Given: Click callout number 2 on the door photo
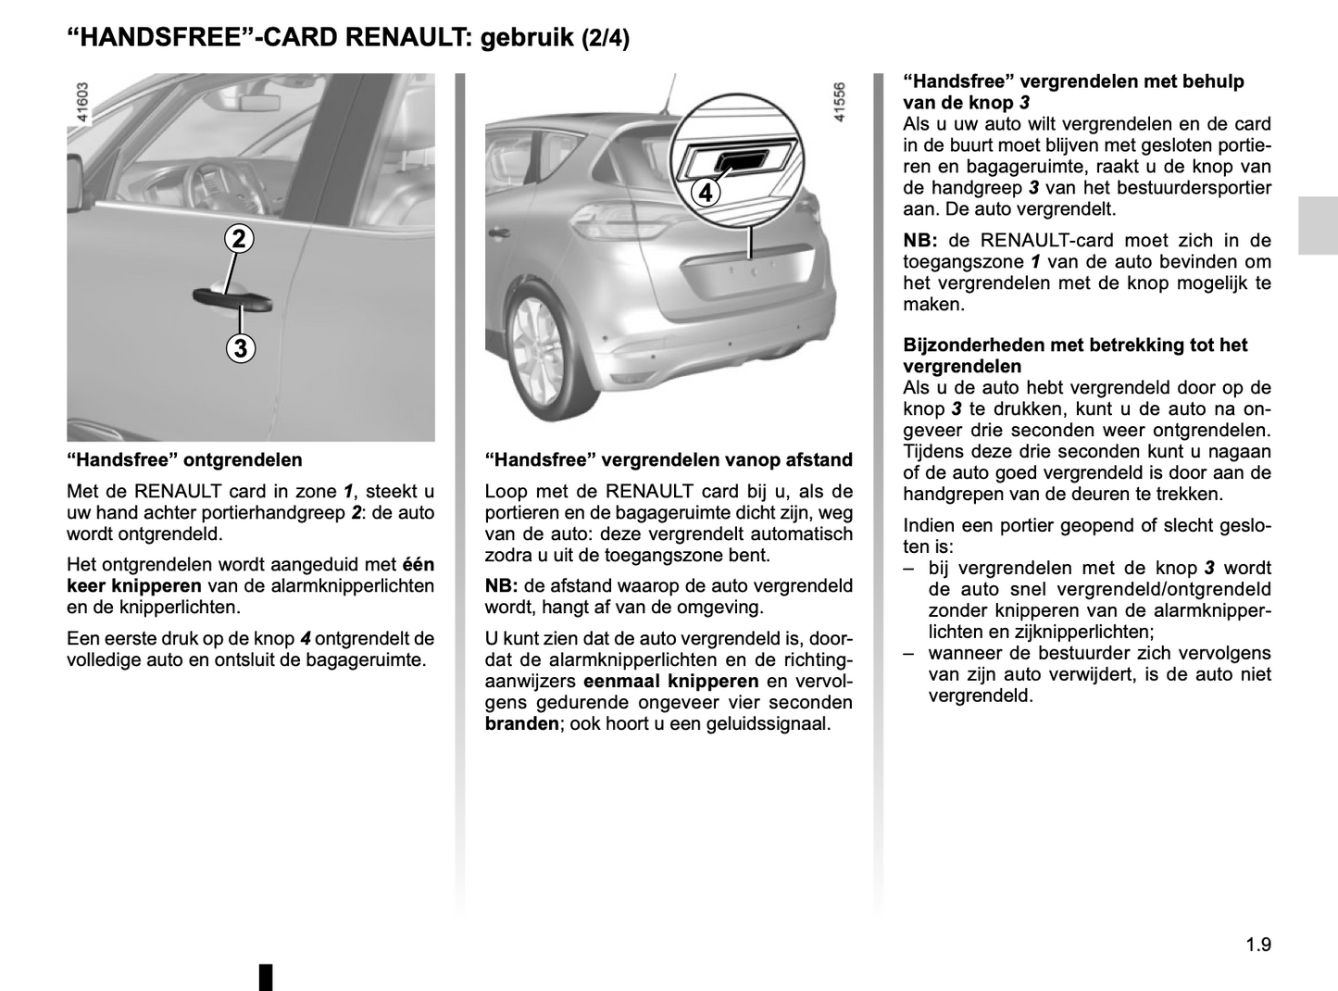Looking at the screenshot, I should pos(239,239).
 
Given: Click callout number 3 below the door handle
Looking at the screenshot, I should pos(240,348).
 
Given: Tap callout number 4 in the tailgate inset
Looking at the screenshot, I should pos(706,193).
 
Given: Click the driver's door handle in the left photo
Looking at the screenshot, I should pos(231,298).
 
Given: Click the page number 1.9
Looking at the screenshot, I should pos(1258,945).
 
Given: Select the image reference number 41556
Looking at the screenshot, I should pos(839,103).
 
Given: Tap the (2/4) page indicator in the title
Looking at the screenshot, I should pos(606,39).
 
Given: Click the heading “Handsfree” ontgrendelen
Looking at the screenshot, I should pos(184,459).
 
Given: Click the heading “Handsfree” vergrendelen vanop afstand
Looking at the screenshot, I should pos(669,459).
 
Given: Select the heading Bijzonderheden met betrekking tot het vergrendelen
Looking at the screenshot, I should pos(1075,356).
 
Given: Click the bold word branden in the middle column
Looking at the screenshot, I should pos(521,724).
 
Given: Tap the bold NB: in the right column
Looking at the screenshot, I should pos(920,241).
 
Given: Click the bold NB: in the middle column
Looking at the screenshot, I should pos(501,586).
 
